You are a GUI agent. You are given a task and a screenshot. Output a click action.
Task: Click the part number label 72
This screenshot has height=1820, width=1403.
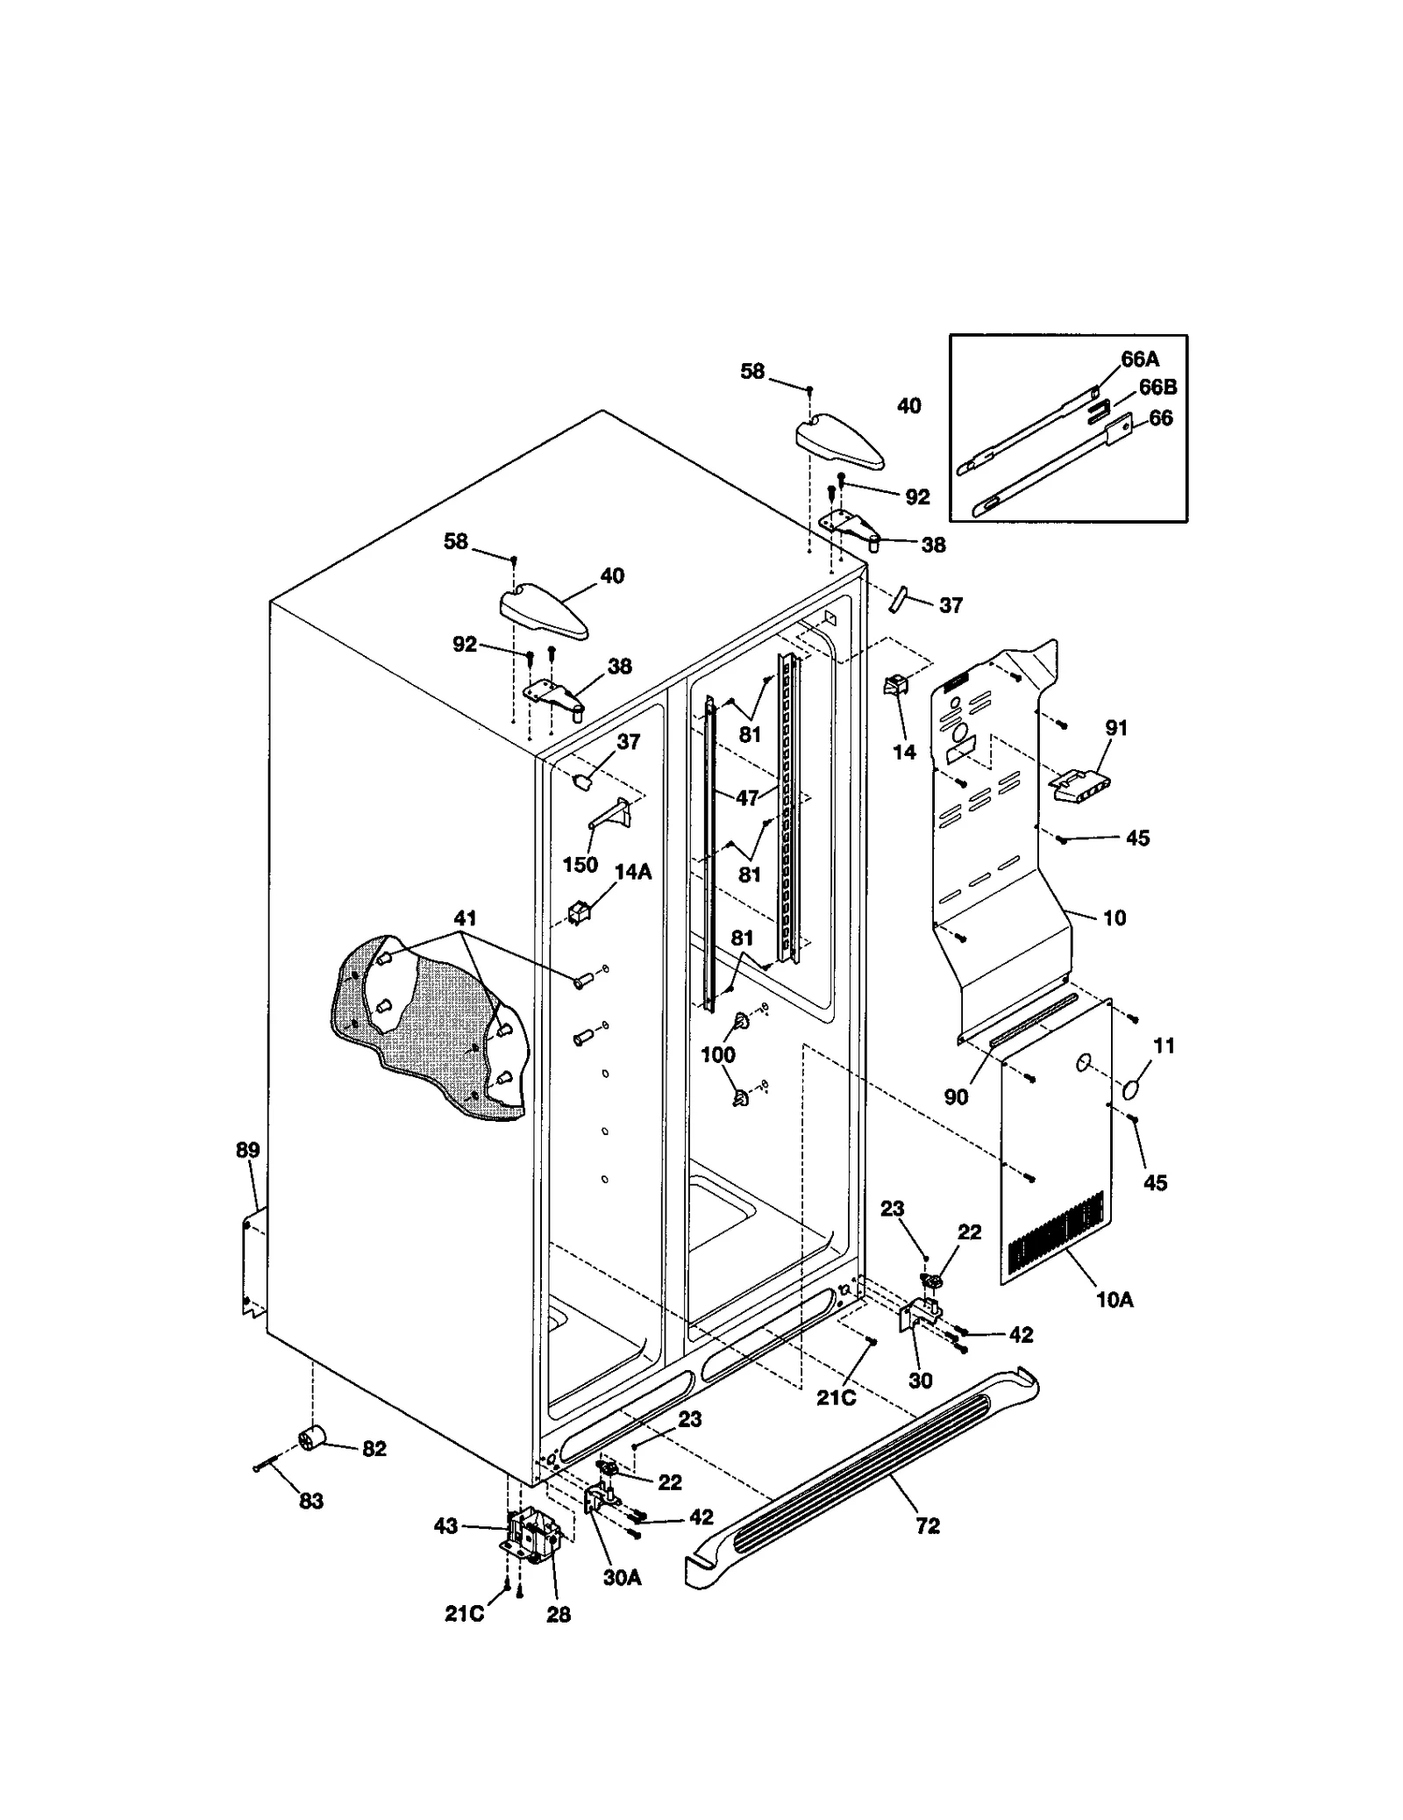(928, 1526)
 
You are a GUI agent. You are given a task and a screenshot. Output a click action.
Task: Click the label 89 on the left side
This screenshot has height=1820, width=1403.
(248, 1150)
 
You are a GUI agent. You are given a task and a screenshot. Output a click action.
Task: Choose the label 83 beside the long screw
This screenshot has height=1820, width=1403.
(311, 1502)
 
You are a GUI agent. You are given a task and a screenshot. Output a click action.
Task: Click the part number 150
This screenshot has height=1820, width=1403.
(580, 865)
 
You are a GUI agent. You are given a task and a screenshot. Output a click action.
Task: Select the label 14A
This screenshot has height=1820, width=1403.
(632, 873)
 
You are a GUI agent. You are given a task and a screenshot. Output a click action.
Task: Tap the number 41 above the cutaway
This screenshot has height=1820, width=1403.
(465, 918)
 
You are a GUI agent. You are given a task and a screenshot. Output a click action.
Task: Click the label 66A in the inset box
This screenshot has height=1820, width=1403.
(1140, 359)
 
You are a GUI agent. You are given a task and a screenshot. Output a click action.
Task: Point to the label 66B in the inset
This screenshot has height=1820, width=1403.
(1157, 387)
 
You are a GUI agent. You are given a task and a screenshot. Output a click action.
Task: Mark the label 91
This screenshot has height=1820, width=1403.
(1116, 728)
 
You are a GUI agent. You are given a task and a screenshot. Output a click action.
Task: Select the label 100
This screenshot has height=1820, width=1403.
(717, 1055)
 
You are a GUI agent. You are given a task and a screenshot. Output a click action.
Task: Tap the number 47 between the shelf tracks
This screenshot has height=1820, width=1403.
(746, 798)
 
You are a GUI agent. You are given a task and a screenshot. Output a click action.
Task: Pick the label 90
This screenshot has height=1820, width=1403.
(956, 1097)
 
